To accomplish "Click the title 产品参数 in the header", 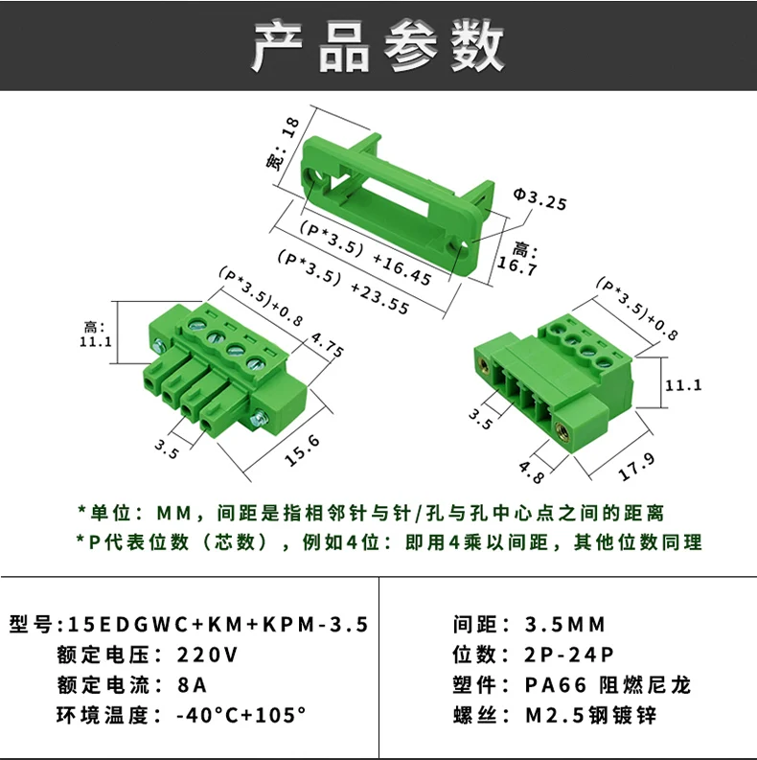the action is [x=378, y=46].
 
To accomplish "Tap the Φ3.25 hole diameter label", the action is [x=539, y=198].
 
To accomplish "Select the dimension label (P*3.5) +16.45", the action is [x=365, y=252].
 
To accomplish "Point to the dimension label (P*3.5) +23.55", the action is [x=343, y=282].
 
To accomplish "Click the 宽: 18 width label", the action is [x=283, y=144].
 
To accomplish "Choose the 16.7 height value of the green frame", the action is [x=517, y=266].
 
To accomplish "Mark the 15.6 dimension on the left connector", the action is [x=303, y=450].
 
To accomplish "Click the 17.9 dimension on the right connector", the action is [x=637, y=467].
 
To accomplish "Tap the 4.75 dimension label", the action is [x=327, y=345].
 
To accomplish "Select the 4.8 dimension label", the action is [x=532, y=472].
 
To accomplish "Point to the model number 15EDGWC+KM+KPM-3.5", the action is [x=218, y=624].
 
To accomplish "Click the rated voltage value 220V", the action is [x=207, y=655].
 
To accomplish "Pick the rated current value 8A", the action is [x=193, y=685].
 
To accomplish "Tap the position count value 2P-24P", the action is [x=569, y=655].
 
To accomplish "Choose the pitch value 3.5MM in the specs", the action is [x=565, y=624].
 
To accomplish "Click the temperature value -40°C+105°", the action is [x=241, y=715].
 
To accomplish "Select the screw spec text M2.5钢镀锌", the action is [x=591, y=715].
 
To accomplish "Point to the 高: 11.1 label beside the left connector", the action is [x=96, y=334].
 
